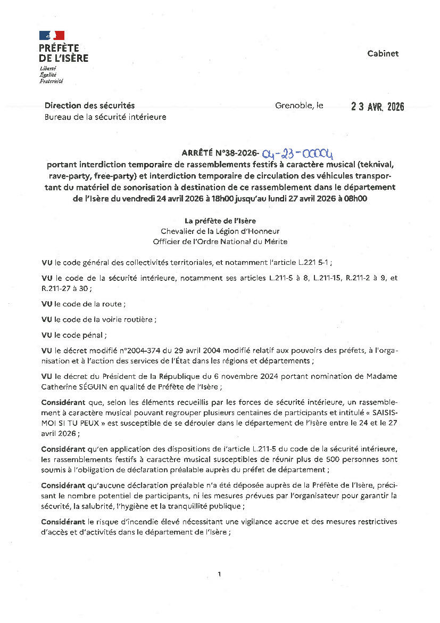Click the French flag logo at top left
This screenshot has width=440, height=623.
[x=52, y=36]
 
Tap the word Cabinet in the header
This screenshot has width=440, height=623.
[x=383, y=53]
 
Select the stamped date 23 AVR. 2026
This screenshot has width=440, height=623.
[x=377, y=107]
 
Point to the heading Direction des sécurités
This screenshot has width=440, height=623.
[x=89, y=106]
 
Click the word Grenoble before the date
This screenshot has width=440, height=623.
[x=293, y=106]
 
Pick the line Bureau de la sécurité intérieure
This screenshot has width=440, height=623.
[x=105, y=117]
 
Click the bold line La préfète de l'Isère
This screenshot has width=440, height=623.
[x=220, y=221]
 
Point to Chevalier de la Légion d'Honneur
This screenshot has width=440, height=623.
[x=220, y=231]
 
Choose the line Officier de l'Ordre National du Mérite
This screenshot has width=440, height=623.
[x=220, y=241]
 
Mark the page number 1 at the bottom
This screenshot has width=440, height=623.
[x=219, y=574]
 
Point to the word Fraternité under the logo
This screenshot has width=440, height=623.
[x=51, y=81]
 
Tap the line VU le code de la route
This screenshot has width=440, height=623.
[x=84, y=304]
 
